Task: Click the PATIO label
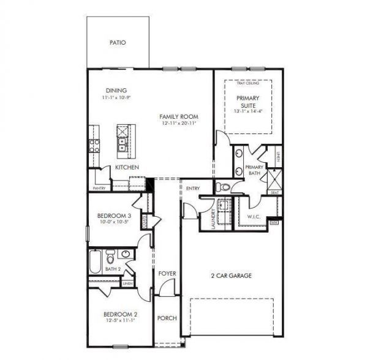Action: click(x=118, y=43)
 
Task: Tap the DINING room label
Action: click(x=116, y=91)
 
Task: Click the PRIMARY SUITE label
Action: click(x=248, y=102)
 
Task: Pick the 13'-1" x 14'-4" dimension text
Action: click(x=248, y=111)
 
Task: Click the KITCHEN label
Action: click(x=127, y=167)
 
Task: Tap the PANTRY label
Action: click(x=99, y=189)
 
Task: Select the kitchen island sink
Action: click(x=123, y=145)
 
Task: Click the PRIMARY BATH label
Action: click(x=254, y=170)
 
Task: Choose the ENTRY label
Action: click(x=194, y=189)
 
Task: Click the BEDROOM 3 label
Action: click(x=115, y=216)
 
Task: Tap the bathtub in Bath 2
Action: click(x=96, y=262)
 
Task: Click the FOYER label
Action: click(x=166, y=274)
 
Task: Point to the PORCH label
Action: click(x=166, y=318)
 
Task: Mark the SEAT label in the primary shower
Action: click(x=276, y=192)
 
